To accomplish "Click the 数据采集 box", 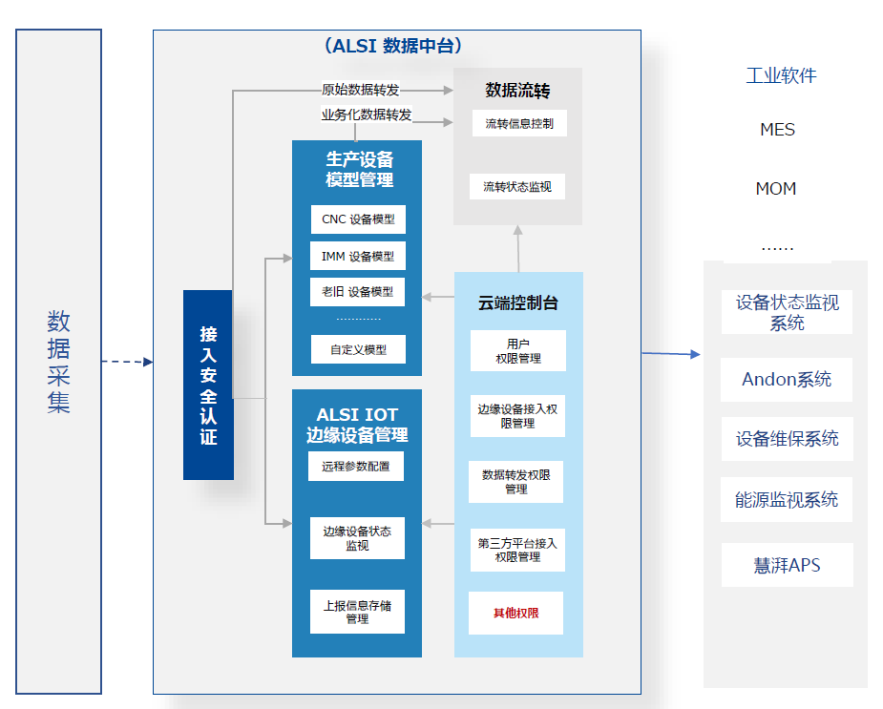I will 58,361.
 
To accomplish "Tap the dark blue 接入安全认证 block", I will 208,385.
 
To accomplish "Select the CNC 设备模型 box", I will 358,219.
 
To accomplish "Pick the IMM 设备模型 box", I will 358,256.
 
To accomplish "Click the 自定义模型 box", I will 358,349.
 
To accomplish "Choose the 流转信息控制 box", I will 518,123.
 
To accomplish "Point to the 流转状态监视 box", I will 517,186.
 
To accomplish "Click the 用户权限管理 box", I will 517,350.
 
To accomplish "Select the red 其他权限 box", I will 515,613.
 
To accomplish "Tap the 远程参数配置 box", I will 356,467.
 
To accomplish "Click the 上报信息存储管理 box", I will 357,612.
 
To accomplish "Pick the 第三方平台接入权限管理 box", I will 517,550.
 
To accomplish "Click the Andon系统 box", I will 787,379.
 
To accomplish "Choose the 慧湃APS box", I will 787,565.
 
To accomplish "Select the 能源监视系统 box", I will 787,499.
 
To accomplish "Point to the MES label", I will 777,130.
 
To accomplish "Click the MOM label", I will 775,189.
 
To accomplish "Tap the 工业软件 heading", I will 781,75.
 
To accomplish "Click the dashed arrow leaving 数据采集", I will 127,362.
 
